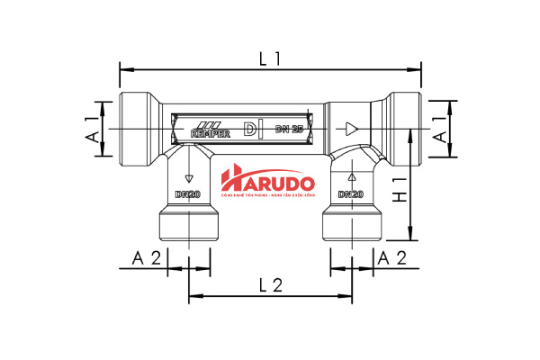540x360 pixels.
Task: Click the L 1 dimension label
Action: pyautogui.click(x=270, y=58)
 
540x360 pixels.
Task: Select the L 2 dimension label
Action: pyautogui.click(x=270, y=285)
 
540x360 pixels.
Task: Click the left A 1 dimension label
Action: pyautogui.click(x=93, y=129)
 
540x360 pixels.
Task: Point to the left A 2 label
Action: pyautogui.click(x=146, y=258)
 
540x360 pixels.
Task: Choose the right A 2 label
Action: pyautogui.click(x=393, y=258)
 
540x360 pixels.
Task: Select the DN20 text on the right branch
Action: pyautogui.click(x=350, y=194)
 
